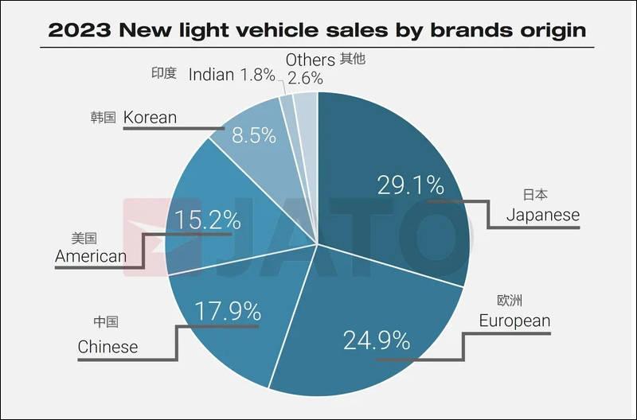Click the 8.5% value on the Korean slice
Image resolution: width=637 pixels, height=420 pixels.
click(x=253, y=135)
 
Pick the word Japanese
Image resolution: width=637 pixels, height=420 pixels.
click(x=543, y=215)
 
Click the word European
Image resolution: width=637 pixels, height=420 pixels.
click(x=514, y=321)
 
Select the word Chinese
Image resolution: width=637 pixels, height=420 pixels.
click(x=107, y=347)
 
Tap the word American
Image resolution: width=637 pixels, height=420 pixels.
click(x=91, y=256)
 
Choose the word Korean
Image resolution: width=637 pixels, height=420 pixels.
click(x=150, y=118)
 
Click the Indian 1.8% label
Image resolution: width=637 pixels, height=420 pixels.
click(x=232, y=75)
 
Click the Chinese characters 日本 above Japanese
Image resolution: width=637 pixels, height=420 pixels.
click(x=535, y=194)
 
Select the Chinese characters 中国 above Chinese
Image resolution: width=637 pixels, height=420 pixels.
click(x=106, y=322)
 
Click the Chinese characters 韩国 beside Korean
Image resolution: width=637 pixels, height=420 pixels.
click(x=104, y=118)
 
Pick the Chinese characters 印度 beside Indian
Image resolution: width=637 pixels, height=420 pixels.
click(x=164, y=73)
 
